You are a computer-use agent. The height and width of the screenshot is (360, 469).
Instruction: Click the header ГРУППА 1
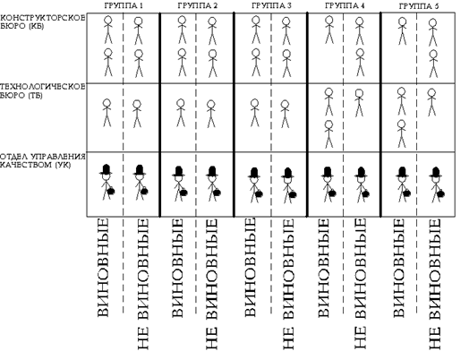pos(124,5)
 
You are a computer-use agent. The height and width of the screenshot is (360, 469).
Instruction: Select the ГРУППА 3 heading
pos(271,5)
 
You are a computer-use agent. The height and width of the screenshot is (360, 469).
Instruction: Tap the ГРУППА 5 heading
pos(419,6)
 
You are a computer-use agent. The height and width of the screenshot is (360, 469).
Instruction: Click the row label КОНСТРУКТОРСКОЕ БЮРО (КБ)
pos(42,21)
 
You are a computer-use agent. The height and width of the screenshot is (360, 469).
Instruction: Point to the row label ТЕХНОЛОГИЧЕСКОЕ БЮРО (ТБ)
pos(42,91)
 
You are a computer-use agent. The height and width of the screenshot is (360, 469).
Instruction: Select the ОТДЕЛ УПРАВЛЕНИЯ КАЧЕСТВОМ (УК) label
pos(42,160)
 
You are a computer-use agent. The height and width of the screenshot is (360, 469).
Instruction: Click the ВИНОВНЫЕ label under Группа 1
pos(103,268)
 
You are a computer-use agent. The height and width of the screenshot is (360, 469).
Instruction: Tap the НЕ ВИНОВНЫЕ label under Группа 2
pos(212,284)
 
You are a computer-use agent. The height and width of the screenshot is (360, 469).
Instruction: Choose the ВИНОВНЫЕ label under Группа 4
pos(323,268)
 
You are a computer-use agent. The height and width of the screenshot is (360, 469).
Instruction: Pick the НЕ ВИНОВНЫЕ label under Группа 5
pos(435,284)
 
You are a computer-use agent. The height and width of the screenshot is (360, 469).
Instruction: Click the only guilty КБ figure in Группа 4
pos(329,30)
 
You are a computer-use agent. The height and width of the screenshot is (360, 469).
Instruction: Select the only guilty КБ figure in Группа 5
pos(403,31)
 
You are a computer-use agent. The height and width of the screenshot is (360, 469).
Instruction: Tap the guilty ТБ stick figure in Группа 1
pos(107,113)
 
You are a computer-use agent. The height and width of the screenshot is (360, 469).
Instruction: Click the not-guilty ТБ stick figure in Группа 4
pos(359,103)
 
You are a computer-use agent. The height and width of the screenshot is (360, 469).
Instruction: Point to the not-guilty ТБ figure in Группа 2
pos(211,114)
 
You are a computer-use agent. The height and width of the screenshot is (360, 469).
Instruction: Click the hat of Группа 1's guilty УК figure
pos(106,169)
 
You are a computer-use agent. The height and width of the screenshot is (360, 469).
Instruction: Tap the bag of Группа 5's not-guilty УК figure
pos(440,194)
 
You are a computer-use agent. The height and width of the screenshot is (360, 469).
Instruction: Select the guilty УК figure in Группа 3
pos(255,185)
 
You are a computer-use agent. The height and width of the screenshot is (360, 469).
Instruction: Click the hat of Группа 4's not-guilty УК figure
pos(361,172)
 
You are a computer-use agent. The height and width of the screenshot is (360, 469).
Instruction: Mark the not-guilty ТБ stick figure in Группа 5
pos(431,102)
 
